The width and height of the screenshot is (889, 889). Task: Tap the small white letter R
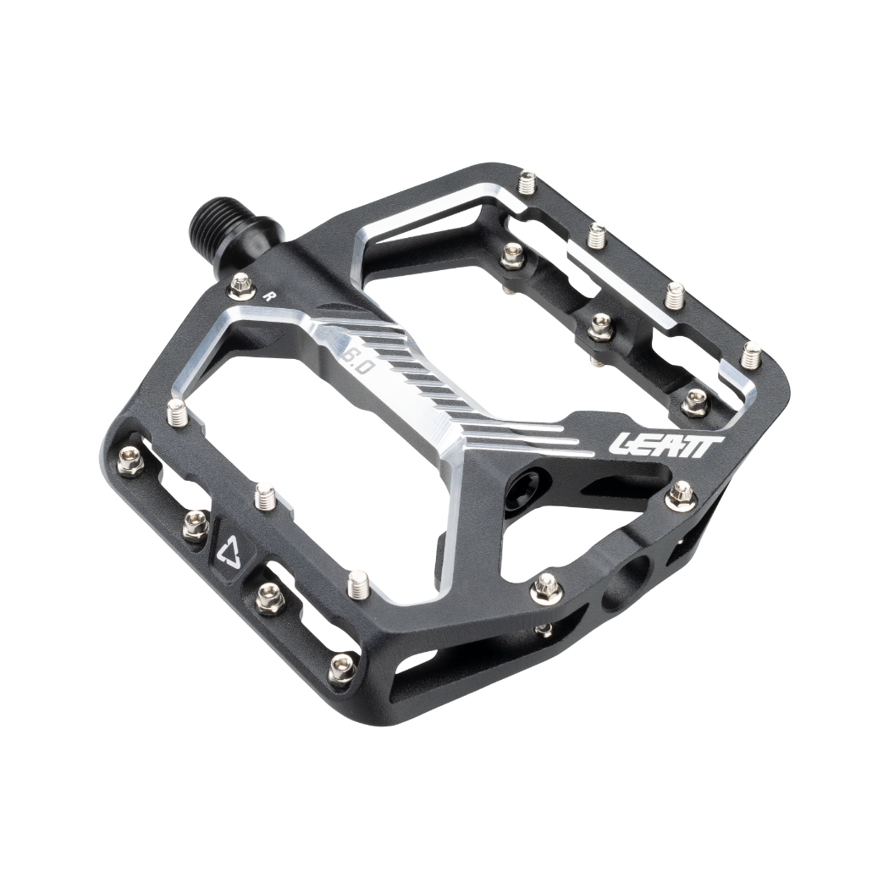coord(268,296)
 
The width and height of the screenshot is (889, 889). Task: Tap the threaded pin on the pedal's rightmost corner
coord(750,354)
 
